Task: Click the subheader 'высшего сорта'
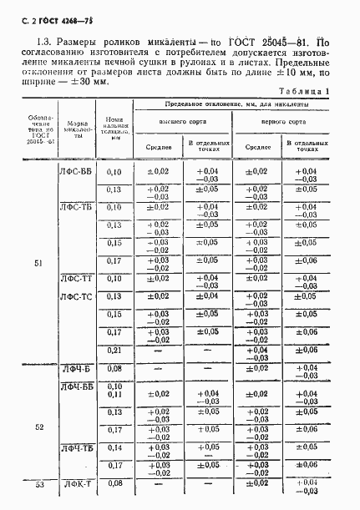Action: point(182,121)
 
